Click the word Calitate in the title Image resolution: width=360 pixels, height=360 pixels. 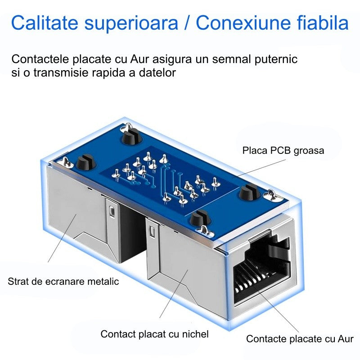[45, 23]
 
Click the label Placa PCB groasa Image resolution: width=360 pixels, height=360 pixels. [283, 151]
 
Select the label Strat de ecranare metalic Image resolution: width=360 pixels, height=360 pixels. [63, 282]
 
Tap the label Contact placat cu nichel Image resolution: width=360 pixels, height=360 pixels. [154, 334]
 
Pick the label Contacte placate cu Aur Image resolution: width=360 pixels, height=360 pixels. [300, 339]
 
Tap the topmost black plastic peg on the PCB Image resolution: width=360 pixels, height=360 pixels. [130, 136]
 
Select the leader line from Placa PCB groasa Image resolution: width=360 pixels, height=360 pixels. [259, 168]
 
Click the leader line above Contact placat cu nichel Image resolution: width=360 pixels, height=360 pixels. [174, 294]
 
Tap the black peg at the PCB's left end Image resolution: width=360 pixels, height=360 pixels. [85, 162]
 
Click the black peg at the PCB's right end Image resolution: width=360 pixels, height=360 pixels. [249, 192]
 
